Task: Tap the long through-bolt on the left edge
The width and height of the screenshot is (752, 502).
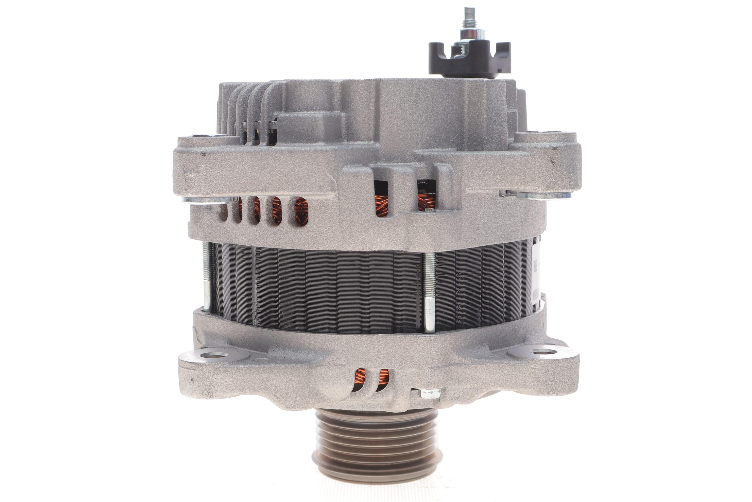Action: (206, 277)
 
